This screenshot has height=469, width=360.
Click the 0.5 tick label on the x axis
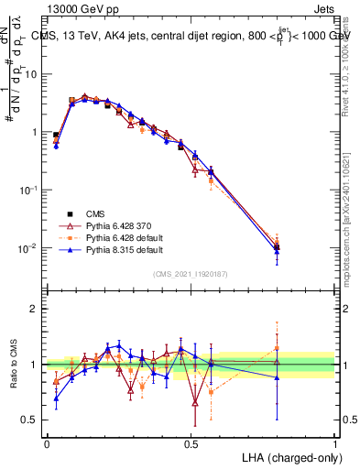click(191, 443)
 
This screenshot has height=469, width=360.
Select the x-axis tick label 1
click(334, 443)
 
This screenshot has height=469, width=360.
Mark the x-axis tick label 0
click(47, 443)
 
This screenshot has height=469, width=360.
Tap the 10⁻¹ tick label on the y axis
click(27, 190)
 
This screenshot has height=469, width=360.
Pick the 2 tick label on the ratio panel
click(35, 309)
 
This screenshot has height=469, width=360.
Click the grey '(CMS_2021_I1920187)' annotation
click(190, 274)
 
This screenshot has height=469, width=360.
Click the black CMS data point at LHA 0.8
click(277, 247)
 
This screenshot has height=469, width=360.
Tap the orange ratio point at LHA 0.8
click(277, 347)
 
